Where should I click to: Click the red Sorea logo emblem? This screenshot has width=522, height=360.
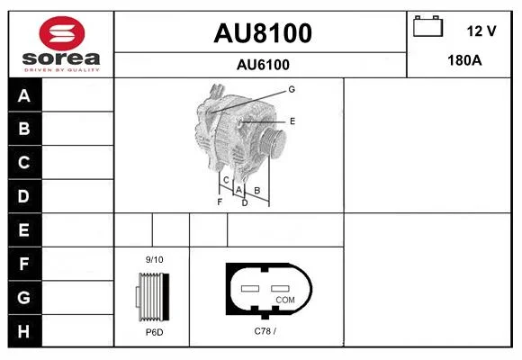point(62,33)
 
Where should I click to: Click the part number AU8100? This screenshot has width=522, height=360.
point(263,33)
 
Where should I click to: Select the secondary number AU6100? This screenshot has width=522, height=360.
point(263,65)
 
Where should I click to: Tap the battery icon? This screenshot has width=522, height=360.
point(428,26)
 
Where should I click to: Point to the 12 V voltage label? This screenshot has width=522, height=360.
point(481,31)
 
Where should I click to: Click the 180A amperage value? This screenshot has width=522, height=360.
point(464,60)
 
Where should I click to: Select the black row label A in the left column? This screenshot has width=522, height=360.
point(24,95)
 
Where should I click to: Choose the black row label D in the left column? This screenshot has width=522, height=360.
point(24,196)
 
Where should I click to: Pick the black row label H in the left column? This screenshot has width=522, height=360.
point(24,331)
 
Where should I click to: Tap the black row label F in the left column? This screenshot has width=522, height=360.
point(24,264)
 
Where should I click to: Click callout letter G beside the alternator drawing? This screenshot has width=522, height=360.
point(292,89)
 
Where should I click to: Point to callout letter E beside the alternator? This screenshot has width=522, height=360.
point(292,121)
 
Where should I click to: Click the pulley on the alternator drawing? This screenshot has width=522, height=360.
point(273,142)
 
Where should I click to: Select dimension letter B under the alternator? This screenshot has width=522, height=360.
point(257,191)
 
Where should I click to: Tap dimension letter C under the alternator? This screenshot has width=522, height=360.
point(226,180)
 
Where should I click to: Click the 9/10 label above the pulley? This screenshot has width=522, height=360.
point(155,260)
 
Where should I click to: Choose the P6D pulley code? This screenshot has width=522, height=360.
point(155,332)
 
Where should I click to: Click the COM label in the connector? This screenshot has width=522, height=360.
point(285,300)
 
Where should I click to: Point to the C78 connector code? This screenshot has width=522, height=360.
point(265,331)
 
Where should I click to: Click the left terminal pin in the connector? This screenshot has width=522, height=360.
point(250,288)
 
